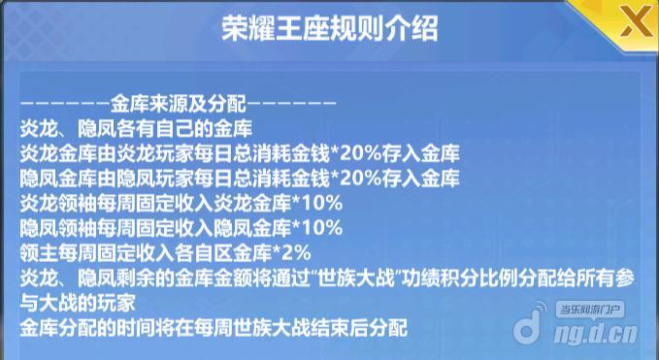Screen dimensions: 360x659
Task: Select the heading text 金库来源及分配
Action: [181, 101]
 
